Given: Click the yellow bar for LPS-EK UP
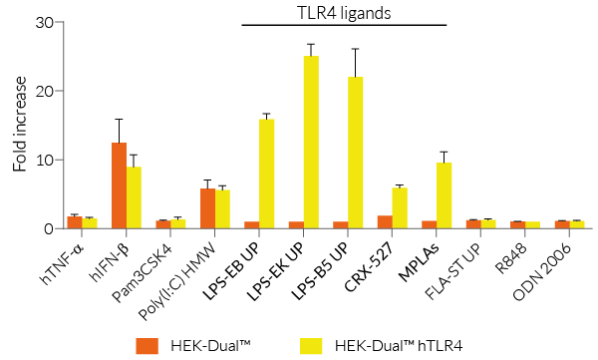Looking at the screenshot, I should (x=311, y=143).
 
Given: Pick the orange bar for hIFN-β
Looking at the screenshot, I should (x=119, y=186).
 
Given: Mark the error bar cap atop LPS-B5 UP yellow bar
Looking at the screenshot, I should (x=355, y=49).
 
